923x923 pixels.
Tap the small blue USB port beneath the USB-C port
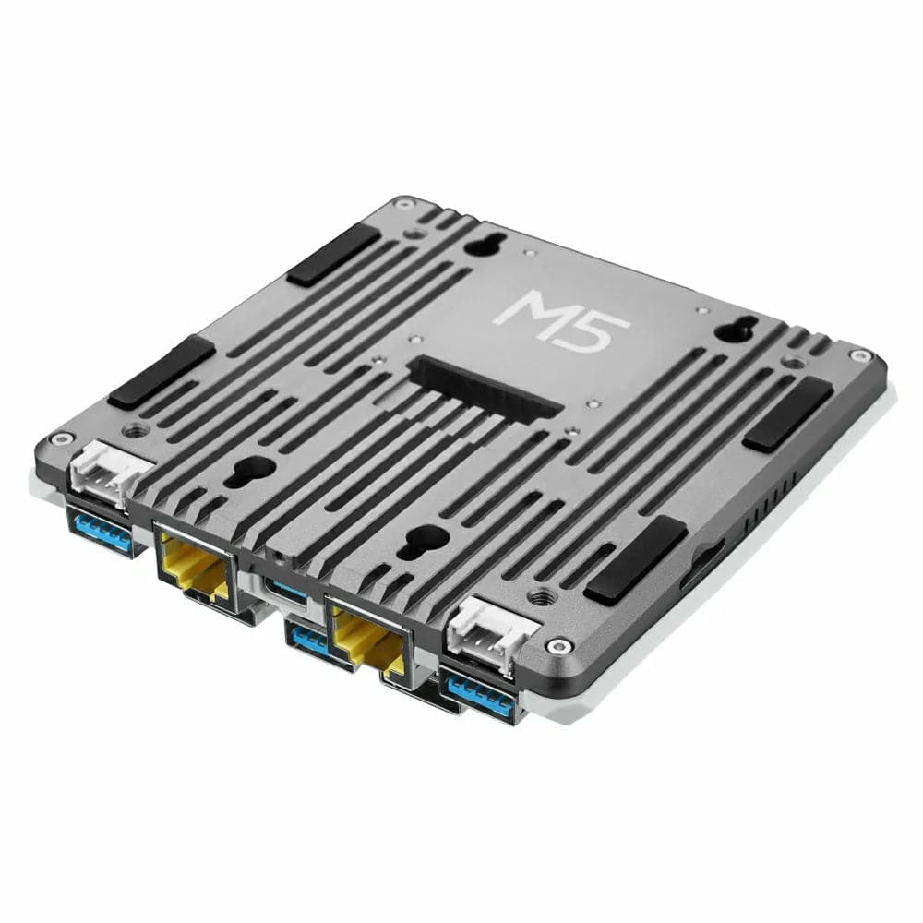pyautogui.click(x=309, y=641)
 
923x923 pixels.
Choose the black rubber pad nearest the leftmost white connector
pyautogui.click(x=161, y=372)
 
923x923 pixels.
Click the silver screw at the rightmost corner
pyautogui.click(x=860, y=355)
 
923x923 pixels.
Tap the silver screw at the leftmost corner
pyautogui.click(x=63, y=440)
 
